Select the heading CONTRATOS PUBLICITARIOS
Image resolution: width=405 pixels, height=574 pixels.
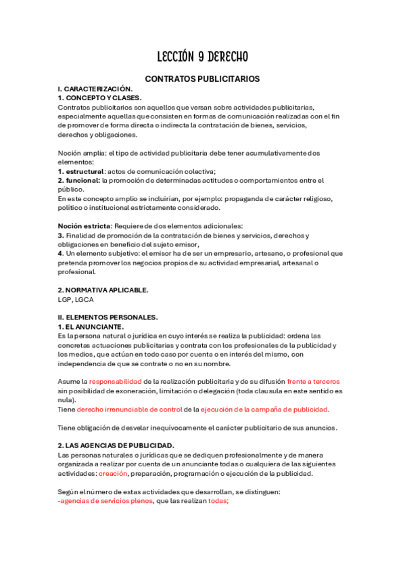point(202,79)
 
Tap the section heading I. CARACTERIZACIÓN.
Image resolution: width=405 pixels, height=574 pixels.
point(95,89)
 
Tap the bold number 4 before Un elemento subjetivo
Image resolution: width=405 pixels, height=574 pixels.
point(60,253)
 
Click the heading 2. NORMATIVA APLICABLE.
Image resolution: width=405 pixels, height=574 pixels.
point(103,290)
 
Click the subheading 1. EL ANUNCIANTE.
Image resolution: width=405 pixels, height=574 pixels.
point(91,326)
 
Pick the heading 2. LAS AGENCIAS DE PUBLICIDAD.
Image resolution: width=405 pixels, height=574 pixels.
point(116,445)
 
